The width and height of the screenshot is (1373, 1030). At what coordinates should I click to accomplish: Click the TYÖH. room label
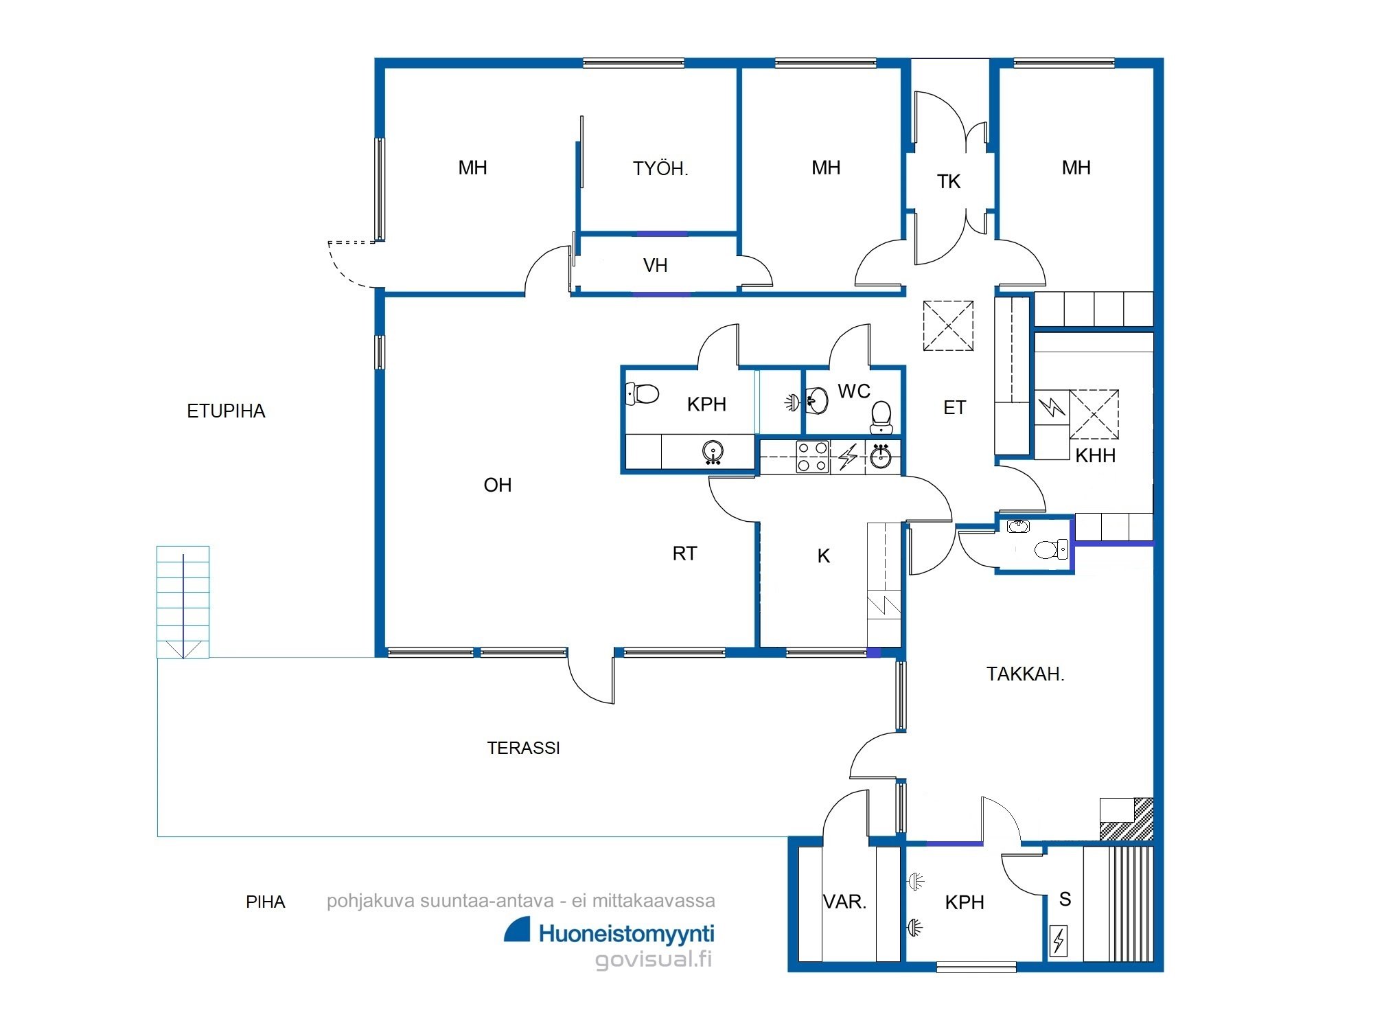tap(660, 168)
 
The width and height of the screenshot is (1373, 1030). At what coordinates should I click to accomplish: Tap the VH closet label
tap(656, 265)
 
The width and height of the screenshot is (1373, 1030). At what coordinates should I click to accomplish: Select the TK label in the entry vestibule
tap(949, 181)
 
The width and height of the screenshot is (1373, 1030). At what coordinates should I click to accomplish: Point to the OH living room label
tap(498, 485)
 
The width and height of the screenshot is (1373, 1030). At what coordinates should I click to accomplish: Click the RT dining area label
tap(684, 553)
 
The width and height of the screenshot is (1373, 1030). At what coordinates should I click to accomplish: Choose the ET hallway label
tap(954, 408)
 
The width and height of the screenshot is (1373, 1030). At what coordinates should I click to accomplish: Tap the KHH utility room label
tap(1095, 455)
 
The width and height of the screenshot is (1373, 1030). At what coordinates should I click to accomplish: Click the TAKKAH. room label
tap(1026, 674)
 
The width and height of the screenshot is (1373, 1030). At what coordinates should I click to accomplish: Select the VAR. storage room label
tap(845, 902)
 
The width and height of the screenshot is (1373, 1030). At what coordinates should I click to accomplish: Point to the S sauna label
tap(1065, 899)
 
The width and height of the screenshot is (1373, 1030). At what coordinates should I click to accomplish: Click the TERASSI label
tap(523, 748)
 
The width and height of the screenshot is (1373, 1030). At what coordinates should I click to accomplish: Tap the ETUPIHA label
tap(226, 411)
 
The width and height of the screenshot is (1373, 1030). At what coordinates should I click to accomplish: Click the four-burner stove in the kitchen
tap(812, 457)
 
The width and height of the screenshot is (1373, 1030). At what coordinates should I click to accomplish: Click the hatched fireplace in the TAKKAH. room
tap(1127, 819)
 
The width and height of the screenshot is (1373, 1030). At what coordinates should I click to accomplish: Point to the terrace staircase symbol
tap(183, 602)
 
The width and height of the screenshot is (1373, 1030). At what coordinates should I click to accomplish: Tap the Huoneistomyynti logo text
tap(626, 933)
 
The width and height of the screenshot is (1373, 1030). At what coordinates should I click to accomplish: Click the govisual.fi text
tap(654, 959)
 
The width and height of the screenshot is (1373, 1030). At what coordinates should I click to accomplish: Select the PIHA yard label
tap(265, 902)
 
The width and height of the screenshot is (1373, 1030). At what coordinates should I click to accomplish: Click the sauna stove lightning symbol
tap(1059, 941)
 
